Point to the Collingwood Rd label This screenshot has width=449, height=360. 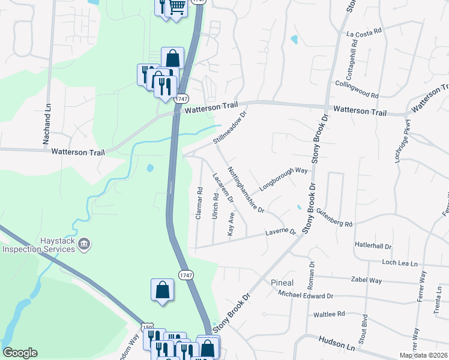tap(357, 90)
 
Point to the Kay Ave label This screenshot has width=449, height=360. tap(231, 223)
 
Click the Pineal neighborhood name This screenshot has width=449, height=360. tap(282, 283)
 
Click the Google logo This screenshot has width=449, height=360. tap(20, 353)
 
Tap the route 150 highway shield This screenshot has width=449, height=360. tap(147, 327)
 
